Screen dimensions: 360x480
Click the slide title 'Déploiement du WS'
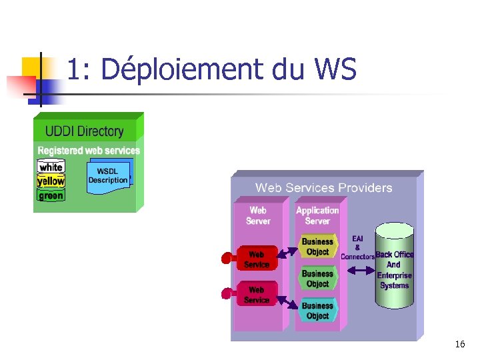pyautogui.click(x=212, y=70)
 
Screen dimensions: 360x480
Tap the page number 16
pyautogui.click(x=459, y=345)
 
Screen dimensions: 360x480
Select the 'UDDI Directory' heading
pyautogui.click(x=84, y=131)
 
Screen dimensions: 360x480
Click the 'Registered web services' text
pyautogui.click(x=89, y=151)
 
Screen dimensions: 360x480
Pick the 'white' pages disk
pyautogui.click(x=51, y=167)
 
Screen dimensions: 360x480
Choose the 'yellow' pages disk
pyautogui.click(x=51, y=181)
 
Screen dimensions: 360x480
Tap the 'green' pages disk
pyautogui.click(x=51, y=195)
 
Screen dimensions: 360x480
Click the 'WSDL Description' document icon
pyautogui.click(x=108, y=177)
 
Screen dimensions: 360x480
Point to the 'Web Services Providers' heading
pyautogui.click(x=323, y=188)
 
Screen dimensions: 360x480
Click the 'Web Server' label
pyautogui.click(x=258, y=215)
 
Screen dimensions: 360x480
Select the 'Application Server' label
pyautogui.click(x=317, y=215)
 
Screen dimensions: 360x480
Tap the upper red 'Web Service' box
pyautogui.click(x=257, y=259)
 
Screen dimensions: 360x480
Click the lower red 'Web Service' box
pyautogui.click(x=257, y=295)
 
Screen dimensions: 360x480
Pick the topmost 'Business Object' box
pyautogui.click(x=317, y=247)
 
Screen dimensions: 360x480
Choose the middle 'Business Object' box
pyautogui.click(x=317, y=279)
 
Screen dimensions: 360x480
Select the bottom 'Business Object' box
pyautogui.click(x=317, y=311)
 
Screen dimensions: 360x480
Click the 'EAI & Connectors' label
pyautogui.click(x=358, y=247)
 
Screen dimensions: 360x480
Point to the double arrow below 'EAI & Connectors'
pyautogui.click(x=358, y=270)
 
